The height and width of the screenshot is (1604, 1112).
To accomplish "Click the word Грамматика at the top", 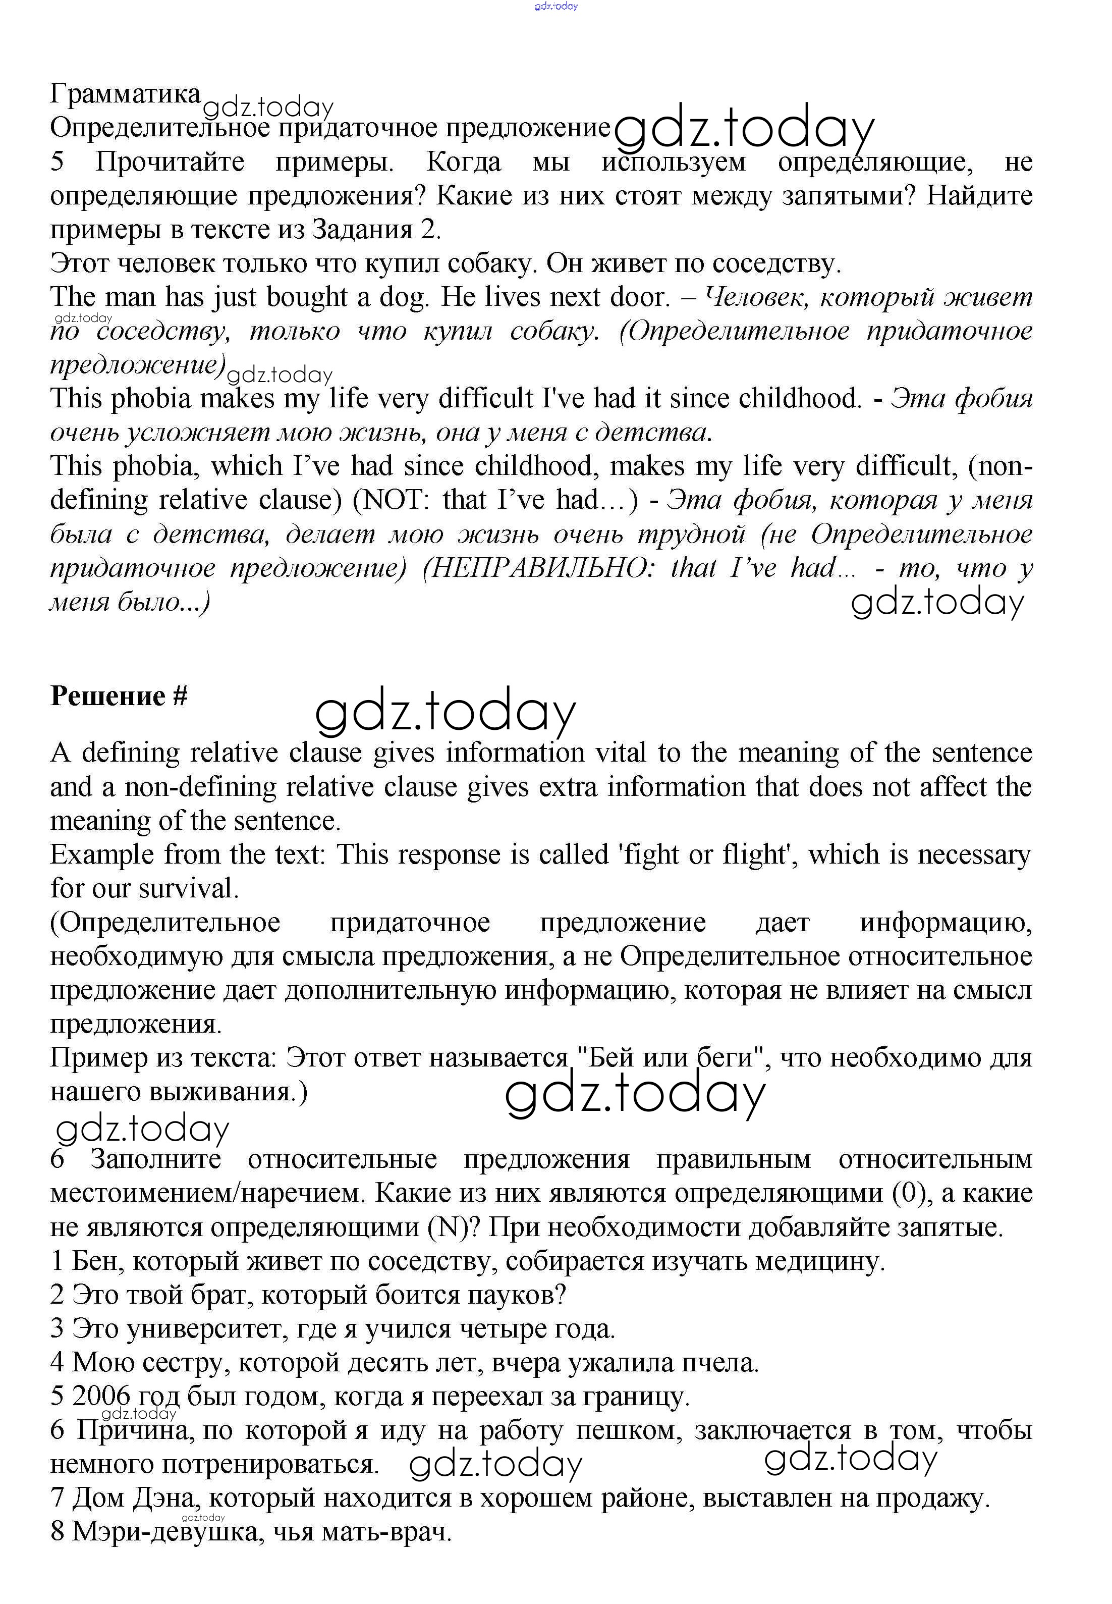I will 126,93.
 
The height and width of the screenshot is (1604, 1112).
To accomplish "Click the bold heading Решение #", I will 119,696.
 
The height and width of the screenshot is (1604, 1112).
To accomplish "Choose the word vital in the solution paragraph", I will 619,753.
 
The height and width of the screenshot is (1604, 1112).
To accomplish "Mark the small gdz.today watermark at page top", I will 556,6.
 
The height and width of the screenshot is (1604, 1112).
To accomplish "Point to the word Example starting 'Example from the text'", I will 102,855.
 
